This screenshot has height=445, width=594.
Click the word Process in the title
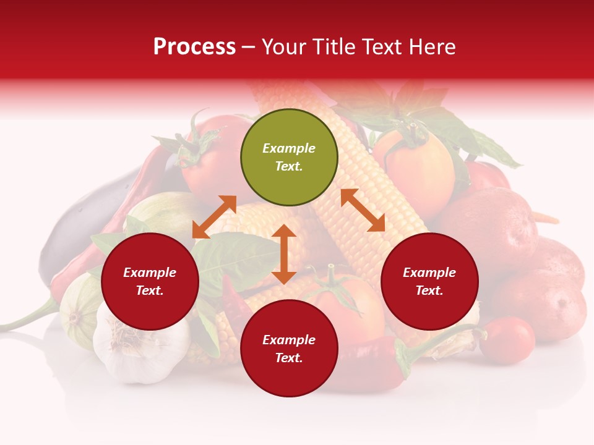[194, 47]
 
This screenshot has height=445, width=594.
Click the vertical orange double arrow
[284, 254]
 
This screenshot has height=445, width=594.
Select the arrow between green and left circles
[214, 217]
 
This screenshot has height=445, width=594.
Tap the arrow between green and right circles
[363, 210]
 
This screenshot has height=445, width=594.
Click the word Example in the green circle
[289, 148]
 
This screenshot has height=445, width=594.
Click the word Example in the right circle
[429, 273]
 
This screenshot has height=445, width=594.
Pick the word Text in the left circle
[149, 290]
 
